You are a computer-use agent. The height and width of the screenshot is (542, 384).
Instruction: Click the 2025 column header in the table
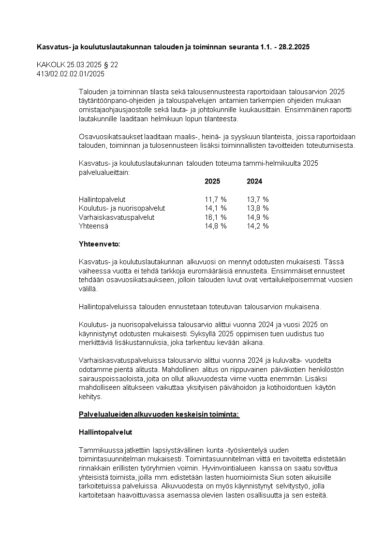point(212,182)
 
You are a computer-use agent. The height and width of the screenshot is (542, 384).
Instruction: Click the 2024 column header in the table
point(254,182)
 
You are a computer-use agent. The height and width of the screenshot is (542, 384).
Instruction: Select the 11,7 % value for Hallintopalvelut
point(215,200)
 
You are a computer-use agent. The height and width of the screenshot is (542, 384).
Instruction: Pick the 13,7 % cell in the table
point(257,200)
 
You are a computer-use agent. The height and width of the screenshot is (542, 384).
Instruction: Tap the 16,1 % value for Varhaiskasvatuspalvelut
point(215,217)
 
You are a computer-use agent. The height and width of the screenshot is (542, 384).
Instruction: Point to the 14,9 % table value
point(257,217)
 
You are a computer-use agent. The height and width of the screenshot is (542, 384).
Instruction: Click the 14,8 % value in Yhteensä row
point(215,226)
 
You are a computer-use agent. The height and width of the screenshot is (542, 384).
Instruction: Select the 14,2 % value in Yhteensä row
point(257,226)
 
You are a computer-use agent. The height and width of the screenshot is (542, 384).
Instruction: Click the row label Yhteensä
point(93,226)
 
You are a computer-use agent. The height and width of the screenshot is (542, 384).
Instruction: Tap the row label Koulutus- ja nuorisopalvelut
point(121,208)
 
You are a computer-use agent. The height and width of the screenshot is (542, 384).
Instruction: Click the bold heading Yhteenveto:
point(100,244)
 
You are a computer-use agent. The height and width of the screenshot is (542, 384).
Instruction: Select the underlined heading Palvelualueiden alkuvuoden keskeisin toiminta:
point(159,414)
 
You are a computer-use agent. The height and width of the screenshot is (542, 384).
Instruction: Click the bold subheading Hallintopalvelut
point(105,432)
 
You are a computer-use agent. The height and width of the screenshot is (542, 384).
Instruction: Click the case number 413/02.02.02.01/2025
point(71,74)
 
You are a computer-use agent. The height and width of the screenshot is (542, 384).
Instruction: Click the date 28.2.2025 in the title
point(293,47)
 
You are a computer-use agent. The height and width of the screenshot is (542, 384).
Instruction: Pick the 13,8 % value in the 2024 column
point(257,208)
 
